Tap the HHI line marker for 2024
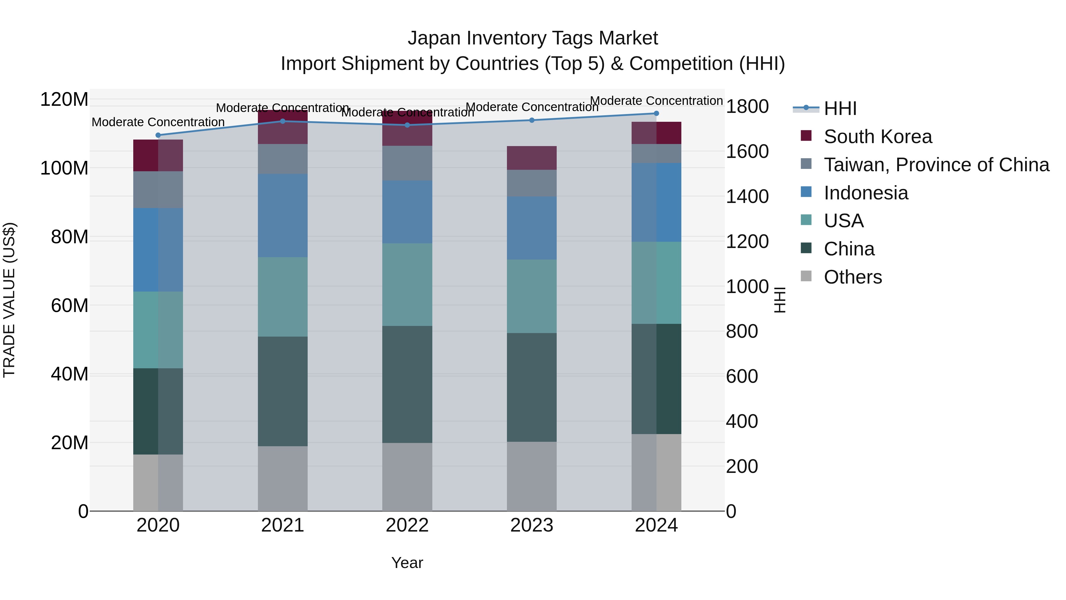point(656,113)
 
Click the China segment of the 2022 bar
point(407,384)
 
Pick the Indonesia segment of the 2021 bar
point(283,215)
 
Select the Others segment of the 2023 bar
point(532,476)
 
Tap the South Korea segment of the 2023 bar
point(532,158)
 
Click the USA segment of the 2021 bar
point(283,297)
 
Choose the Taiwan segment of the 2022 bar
point(407,163)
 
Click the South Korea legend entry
point(877,137)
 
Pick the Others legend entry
point(853,277)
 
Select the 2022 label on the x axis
point(407,525)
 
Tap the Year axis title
point(407,563)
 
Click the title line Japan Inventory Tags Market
point(533,38)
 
